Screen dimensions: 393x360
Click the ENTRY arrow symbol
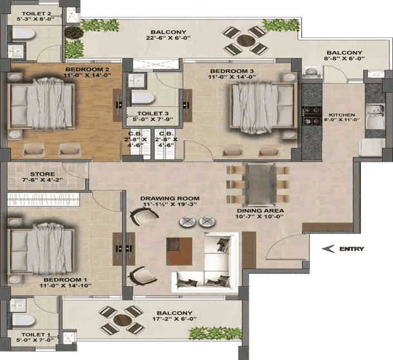pyautogui.click(x=328, y=249)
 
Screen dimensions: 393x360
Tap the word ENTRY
pyautogui.click(x=352, y=249)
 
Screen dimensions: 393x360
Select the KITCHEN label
pyautogui.click(x=342, y=115)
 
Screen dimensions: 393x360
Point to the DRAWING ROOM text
pyautogui.click(x=170, y=198)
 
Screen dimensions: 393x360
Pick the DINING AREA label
pyautogui.click(x=260, y=210)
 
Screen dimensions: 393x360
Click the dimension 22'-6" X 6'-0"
pyautogui.click(x=168, y=38)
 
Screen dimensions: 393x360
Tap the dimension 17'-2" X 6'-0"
pyautogui.click(x=174, y=319)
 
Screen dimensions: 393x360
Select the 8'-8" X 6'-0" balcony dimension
pyautogui.click(x=345, y=59)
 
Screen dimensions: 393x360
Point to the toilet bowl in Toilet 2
pyautogui.click(x=23, y=33)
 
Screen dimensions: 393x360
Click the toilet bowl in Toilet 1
pyautogui.click(x=23, y=320)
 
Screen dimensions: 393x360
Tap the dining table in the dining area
pyautogui.click(x=261, y=184)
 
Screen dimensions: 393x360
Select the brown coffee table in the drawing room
pyautogui.click(x=179, y=251)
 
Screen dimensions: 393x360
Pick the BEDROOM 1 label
pyautogui.click(x=62, y=280)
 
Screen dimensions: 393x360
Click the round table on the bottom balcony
pyautogui.click(x=122, y=320)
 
